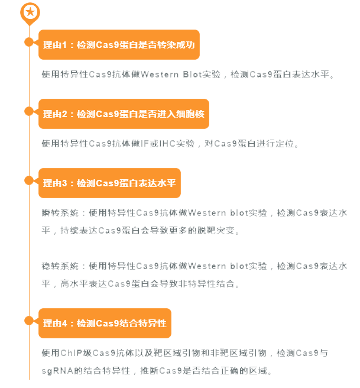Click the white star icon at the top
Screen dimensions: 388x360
(x=30, y=11)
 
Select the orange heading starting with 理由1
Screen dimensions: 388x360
(x=119, y=44)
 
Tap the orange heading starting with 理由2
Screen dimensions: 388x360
(x=124, y=114)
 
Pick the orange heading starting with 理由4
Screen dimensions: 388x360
(x=105, y=323)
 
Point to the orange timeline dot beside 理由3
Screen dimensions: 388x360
(x=28, y=180)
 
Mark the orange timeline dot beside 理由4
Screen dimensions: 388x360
(x=28, y=321)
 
